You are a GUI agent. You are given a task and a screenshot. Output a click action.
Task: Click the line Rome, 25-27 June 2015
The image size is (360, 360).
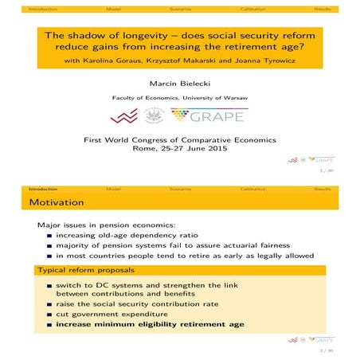coord(179,148)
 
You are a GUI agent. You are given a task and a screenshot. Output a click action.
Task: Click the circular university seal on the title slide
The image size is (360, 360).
coord(153,116)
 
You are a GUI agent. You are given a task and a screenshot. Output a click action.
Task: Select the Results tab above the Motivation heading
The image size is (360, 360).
coord(323,189)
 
